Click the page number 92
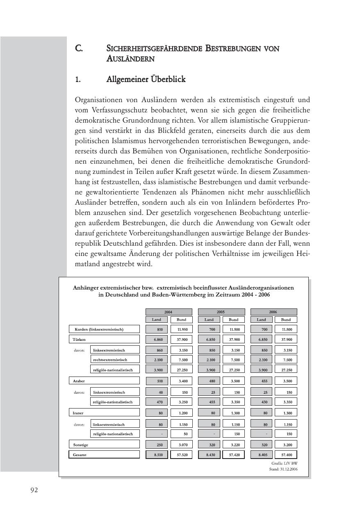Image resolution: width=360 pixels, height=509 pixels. click(34, 490)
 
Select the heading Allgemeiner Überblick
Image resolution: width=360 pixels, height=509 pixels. click(146, 79)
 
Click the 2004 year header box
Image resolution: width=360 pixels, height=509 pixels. click(169, 312)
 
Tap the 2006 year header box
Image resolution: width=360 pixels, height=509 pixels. click(273, 312)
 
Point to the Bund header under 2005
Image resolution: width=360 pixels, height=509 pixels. click(233, 320)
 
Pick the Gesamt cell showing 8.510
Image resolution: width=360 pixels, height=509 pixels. click(157, 454)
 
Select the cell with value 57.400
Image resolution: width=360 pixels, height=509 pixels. click(286, 454)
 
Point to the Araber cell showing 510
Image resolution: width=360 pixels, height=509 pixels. click(157, 381)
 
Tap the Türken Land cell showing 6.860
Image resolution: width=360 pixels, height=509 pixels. click(157, 339)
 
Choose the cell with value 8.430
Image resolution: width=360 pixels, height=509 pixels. click(210, 454)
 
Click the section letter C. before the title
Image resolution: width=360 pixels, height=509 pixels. click(79, 48)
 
